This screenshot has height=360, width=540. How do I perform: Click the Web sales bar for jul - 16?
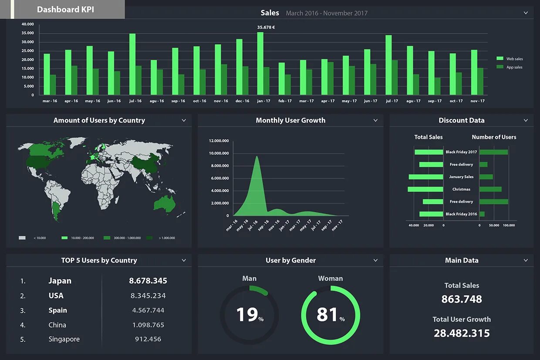tap(132, 65)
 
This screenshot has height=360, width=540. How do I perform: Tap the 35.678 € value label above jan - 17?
tap(266, 27)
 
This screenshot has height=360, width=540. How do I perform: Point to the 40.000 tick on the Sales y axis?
tap(27, 24)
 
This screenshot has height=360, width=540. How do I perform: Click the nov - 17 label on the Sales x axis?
tap(477, 101)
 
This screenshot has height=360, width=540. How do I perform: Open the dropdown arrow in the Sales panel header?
tap(526, 13)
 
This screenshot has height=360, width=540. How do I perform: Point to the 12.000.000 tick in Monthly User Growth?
tap(219, 141)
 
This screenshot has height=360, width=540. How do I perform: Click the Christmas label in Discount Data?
tap(461, 189)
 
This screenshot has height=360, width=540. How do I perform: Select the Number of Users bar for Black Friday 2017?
tap(493, 152)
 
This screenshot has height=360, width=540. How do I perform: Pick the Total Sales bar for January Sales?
tap(426, 177)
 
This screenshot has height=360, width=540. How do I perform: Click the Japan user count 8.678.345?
tap(148, 281)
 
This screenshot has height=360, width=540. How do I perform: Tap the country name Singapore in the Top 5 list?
tap(64, 339)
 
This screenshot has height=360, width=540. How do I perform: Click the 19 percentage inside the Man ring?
tap(247, 315)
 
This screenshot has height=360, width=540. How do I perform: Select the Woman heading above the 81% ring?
tap(330, 278)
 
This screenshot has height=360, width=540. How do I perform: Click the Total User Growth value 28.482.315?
tap(462, 333)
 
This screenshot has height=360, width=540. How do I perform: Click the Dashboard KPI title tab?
tap(65, 10)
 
